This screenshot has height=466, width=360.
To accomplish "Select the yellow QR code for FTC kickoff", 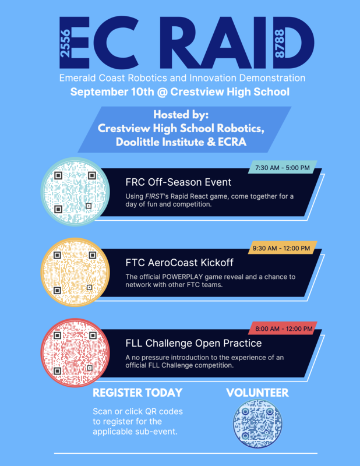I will click(x=75, y=271).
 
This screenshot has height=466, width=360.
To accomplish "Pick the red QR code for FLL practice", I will click(x=75, y=353).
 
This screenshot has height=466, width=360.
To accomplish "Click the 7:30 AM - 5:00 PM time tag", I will click(x=283, y=168).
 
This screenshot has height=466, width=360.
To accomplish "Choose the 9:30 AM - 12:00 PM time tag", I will click(x=283, y=248).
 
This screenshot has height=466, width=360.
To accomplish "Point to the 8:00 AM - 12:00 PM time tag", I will click(x=283, y=329).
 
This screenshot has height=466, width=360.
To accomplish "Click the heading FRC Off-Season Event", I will click(x=178, y=182).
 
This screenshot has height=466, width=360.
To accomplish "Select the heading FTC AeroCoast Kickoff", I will click(x=179, y=263).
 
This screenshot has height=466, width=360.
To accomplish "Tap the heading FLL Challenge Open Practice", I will click(x=193, y=343).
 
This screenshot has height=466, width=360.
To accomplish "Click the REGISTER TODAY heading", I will click(x=137, y=393).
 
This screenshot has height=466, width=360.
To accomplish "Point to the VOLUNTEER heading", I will click(x=257, y=393).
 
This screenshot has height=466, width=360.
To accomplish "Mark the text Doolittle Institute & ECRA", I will click(x=181, y=142).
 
